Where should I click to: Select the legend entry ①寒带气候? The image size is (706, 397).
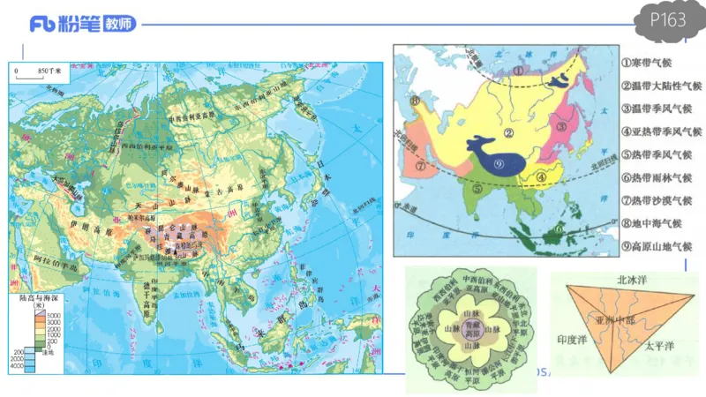click(654, 64)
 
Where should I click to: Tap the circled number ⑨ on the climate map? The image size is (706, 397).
click(499, 163)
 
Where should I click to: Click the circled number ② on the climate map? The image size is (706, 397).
click(508, 133)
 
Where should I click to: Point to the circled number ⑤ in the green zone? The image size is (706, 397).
click(477, 188)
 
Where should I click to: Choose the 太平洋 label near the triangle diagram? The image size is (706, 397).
click(661, 345)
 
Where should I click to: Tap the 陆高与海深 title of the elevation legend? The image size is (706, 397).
click(41, 299)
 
